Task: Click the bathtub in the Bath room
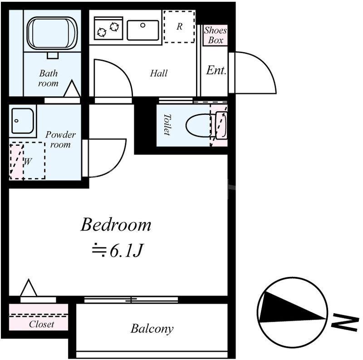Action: point(52,33)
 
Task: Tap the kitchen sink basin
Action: point(143,30)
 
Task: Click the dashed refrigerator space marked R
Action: point(179,26)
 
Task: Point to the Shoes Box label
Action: point(215,35)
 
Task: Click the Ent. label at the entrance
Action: point(216,70)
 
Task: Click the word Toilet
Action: point(167,124)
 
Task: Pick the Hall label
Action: point(158,73)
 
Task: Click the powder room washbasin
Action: point(22,120)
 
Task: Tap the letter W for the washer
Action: point(27,162)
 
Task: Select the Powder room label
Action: point(60,139)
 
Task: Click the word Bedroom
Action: point(116,224)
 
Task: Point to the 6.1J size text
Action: point(126,251)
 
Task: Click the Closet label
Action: point(41,324)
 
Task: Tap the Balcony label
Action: point(152,329)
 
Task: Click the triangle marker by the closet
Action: point(29,288)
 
